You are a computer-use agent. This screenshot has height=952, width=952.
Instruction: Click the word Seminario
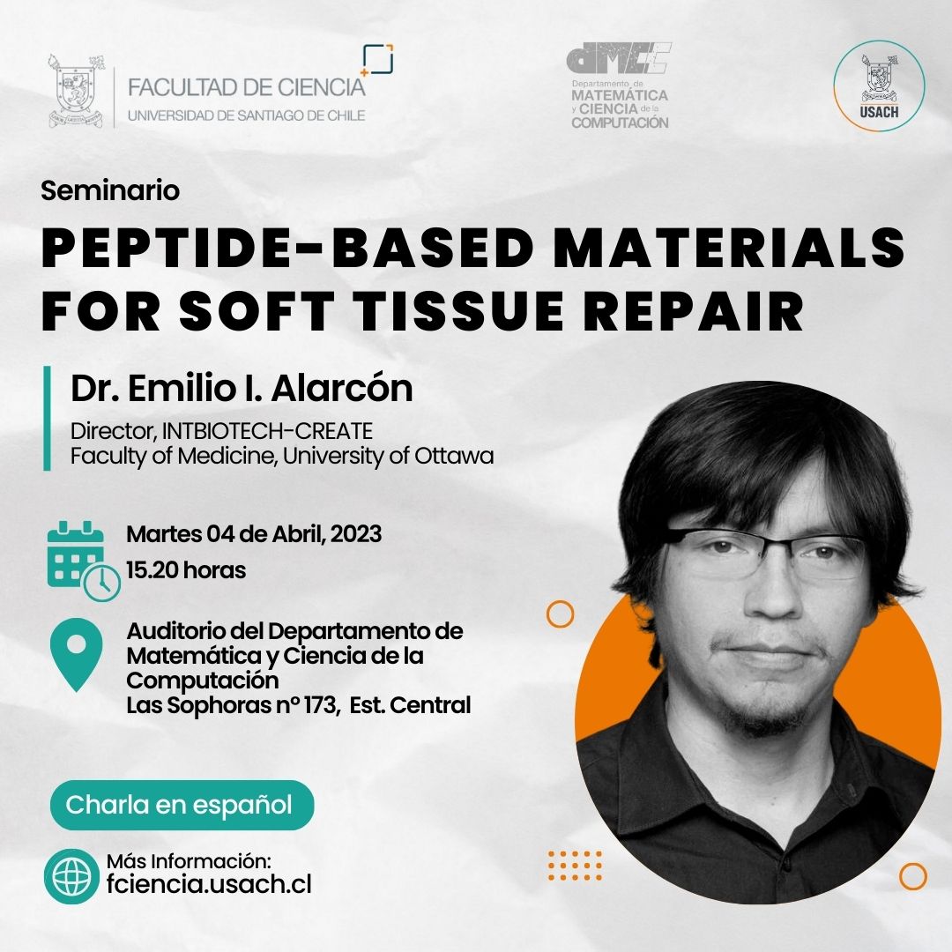(110, 190)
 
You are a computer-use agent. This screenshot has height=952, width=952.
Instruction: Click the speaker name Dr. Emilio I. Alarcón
(242, 388)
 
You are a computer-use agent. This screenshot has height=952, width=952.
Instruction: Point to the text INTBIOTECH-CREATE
(267, 430)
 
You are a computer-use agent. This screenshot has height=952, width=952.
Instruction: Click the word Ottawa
(454, 456)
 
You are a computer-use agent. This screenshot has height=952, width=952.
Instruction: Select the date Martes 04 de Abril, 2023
(254, 533)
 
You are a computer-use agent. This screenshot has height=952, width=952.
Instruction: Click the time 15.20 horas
(186, 570)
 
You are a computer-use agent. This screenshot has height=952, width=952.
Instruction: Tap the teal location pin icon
(76, 654)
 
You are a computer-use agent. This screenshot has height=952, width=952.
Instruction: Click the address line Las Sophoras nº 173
(231, 705)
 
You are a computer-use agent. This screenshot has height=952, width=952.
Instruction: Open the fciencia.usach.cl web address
(209, 883)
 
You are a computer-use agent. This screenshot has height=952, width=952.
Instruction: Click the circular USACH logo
(879, 86)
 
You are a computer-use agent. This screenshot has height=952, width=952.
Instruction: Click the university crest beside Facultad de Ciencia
(76, 90)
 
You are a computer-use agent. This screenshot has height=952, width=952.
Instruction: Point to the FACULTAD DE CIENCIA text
(247, 87)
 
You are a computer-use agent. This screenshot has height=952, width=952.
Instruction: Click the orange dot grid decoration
(575, 866)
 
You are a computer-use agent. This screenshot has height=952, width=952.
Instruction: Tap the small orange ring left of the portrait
(560, 614)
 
